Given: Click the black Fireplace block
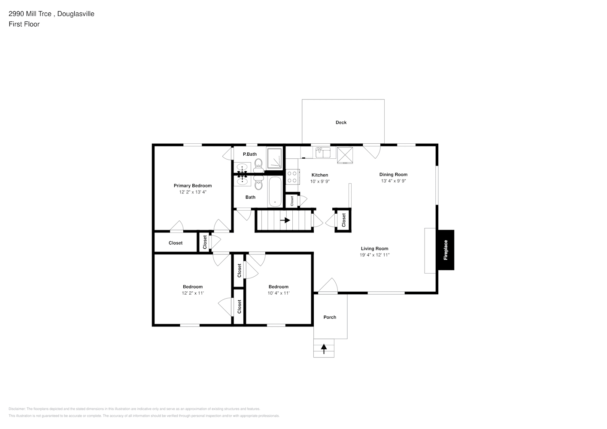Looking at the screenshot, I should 446,250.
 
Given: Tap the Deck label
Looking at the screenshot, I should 341,123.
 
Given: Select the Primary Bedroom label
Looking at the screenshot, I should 192,186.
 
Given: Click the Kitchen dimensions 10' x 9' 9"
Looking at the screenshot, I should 320,181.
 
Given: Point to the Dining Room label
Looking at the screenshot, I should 393,175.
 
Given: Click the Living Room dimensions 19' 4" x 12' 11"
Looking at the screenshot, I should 374,255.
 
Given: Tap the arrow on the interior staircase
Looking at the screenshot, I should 285,220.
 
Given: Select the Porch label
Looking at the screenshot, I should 330,317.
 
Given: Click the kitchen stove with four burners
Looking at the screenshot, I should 293,177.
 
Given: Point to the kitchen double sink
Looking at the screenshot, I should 323,152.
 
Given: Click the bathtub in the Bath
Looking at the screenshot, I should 275,192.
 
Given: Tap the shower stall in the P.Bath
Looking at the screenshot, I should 275,158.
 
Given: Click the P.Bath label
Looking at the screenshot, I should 250,154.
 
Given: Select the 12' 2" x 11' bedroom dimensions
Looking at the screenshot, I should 192,293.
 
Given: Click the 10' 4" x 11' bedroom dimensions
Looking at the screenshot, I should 279,293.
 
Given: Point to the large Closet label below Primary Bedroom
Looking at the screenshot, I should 175,243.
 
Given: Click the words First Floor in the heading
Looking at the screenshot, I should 24,24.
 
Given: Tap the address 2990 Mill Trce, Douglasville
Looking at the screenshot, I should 52,14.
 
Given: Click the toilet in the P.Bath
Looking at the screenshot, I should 258,163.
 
